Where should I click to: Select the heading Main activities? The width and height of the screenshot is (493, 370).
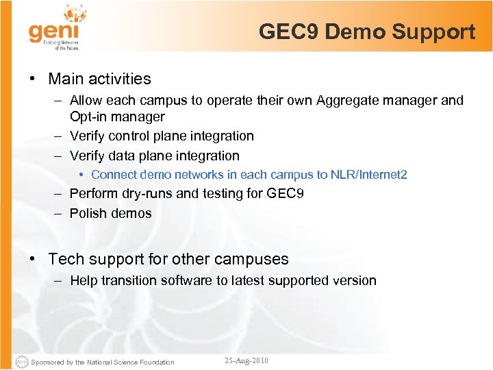click(x=99, y=79)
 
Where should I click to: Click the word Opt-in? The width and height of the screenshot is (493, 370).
click(x=88, y=117)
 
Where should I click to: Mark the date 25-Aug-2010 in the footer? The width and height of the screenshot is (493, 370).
click(x=246, y=360)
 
